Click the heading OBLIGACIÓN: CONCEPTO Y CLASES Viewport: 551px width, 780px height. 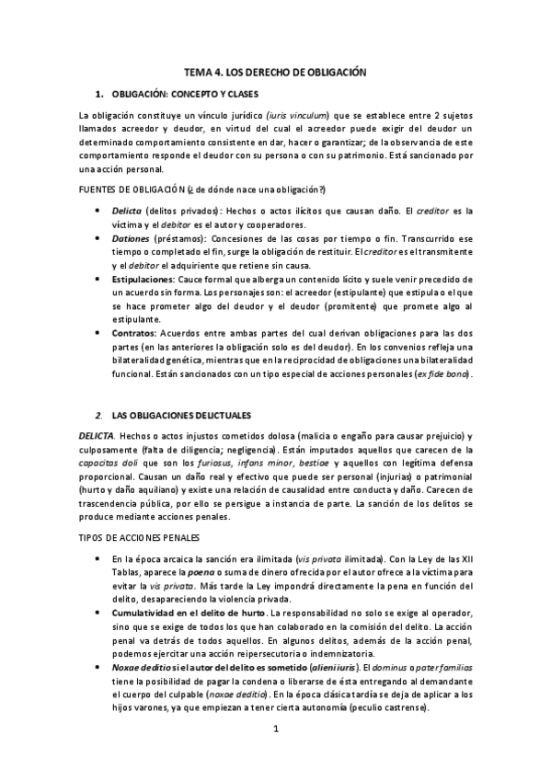pos(184,95)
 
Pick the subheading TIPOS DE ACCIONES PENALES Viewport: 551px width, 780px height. pos(140,536)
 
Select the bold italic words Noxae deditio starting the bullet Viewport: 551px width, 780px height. pos(139,666)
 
